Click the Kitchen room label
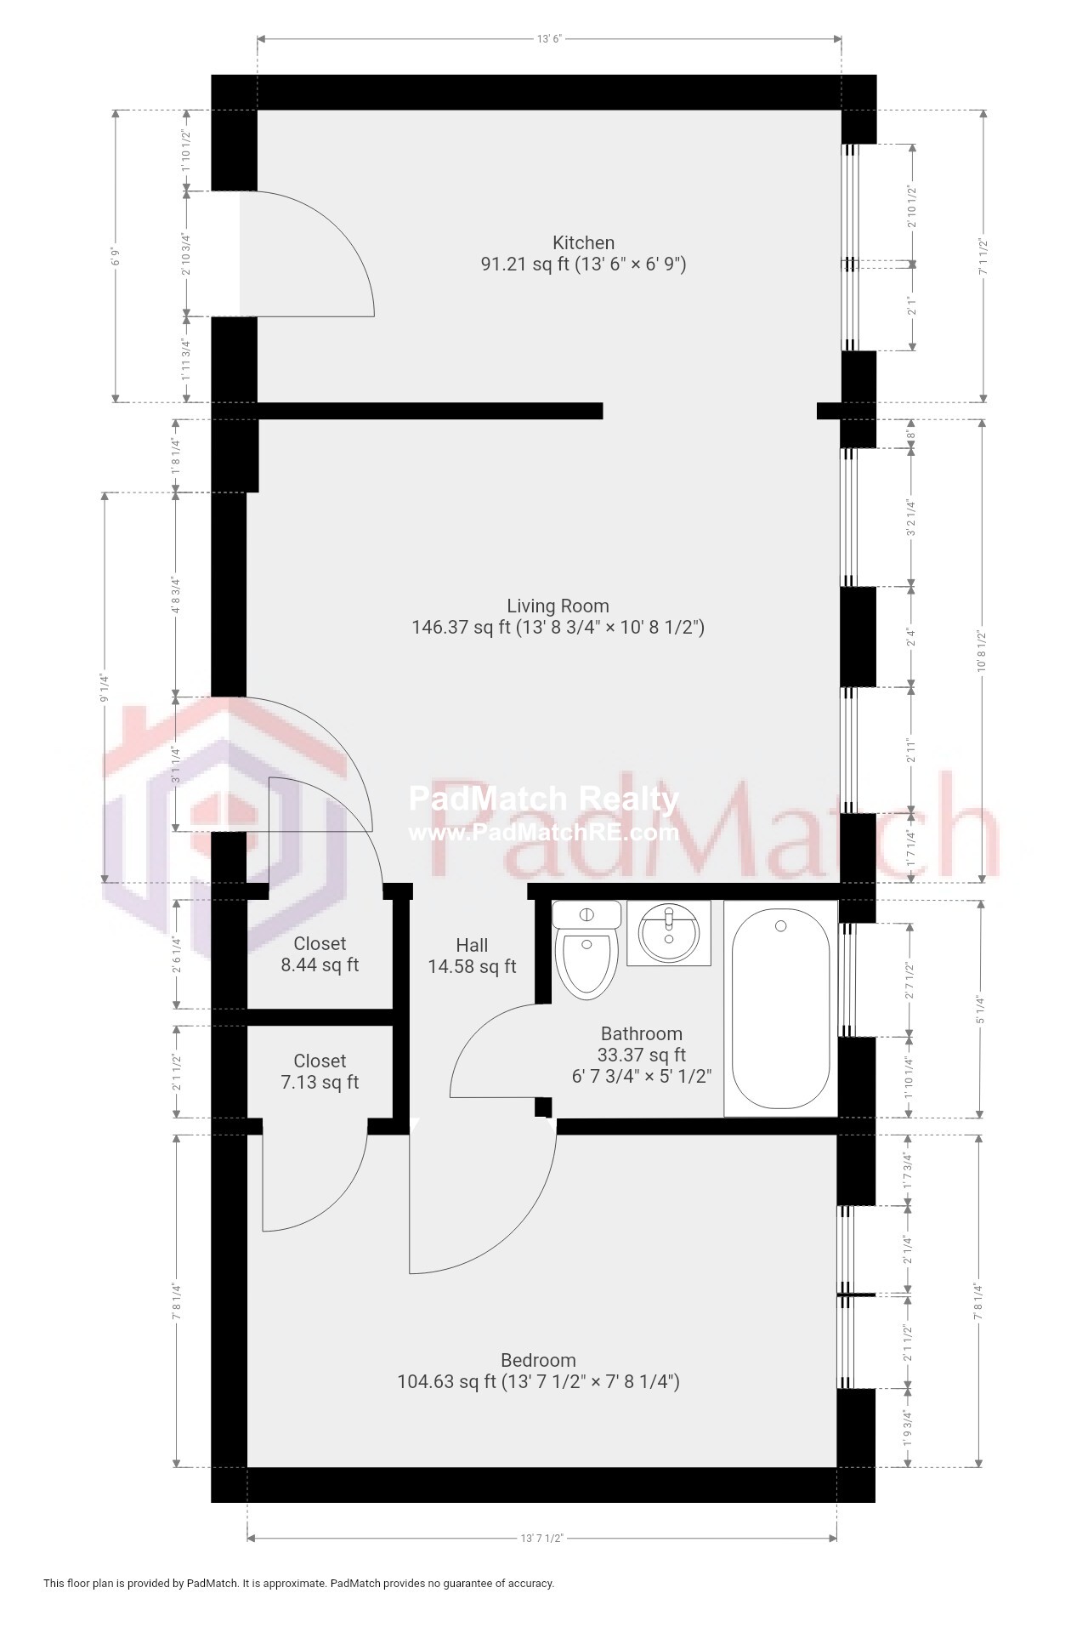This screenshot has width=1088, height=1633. point(583,243)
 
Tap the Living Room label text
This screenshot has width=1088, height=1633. point(558,606)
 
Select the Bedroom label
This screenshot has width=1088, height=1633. point(538,1360)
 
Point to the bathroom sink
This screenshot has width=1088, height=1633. point(668,933)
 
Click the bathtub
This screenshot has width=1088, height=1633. point(780,1009)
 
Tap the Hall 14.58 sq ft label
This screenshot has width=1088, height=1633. point(472,955)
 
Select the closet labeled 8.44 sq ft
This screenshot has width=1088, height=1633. point(320,953)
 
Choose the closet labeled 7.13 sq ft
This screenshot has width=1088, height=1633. point(320,1071)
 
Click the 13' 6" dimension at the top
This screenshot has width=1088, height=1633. point(550,38)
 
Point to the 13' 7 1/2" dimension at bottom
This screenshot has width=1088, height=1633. point(541,1538)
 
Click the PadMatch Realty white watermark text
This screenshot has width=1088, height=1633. point(543,799)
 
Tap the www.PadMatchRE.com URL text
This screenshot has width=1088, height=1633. point(543,833)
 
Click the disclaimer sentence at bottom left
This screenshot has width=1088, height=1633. point(298,1583)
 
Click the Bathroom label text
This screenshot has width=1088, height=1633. point(641,1033)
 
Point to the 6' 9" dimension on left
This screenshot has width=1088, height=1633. point(116,256)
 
